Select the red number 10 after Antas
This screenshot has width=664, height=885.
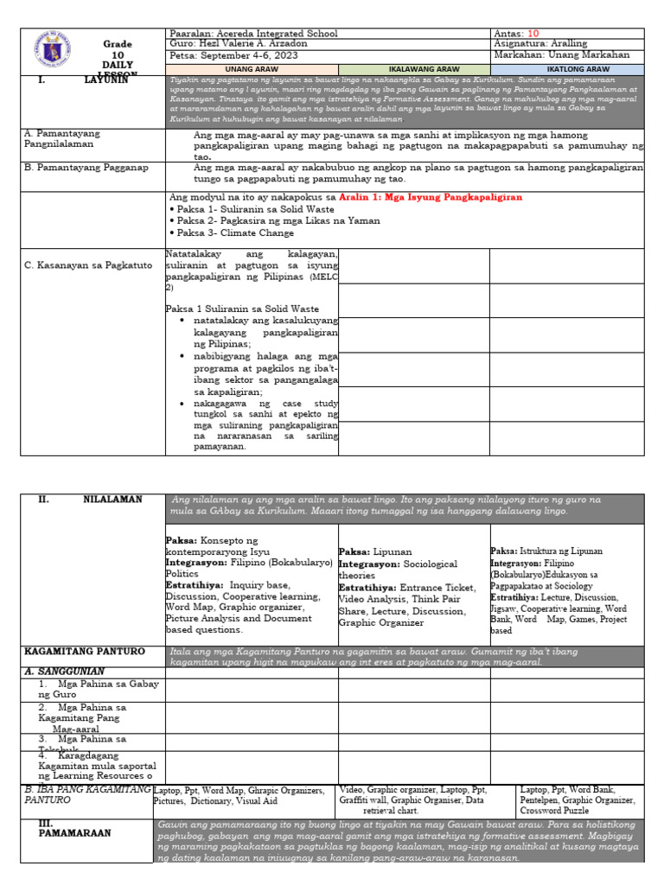tap(533, 34)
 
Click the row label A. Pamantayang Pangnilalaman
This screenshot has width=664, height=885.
tap(63, 140)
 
